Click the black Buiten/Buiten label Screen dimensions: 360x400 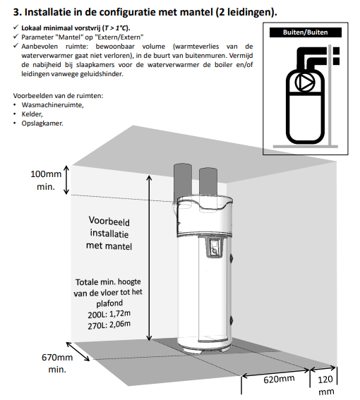(x=306, y=32)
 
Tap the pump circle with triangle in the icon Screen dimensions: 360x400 (x=305, y=82)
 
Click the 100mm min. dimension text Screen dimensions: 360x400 (x=46, y=180)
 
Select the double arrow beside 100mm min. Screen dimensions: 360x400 (x=66, y=180)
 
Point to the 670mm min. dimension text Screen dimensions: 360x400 (x=57, y=363)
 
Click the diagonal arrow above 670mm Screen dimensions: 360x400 (x=78, y=351)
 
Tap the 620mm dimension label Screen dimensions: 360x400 (x=279, y=379)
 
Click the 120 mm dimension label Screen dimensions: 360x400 (x=325, y=385)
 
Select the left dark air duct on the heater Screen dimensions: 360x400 (x=183, y=183)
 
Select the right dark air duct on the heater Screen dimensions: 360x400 (x=208, y=183)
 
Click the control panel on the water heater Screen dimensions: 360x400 (x=215, y=247)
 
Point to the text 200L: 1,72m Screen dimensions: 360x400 (x=109, y=314)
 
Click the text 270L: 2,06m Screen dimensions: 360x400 (x=109, y=325)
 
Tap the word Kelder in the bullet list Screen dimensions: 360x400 (x=32, y=114)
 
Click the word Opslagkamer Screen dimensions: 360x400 (x=42, y=123)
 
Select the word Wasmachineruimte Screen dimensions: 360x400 (x=53, y=105)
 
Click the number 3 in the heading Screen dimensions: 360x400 (x=17, y=12)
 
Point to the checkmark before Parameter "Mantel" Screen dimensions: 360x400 (x=16, y=37)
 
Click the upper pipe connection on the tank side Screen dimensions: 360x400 (x=232, y=258)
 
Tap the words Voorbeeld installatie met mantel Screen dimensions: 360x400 (x=109, y=234)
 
